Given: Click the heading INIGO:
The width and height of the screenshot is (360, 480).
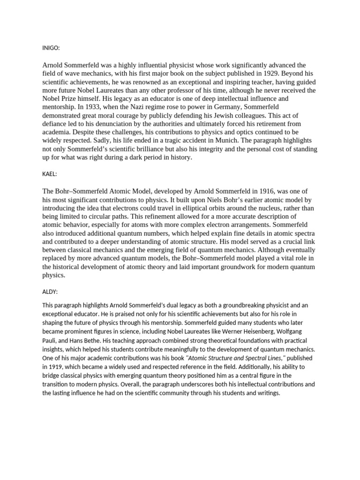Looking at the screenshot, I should tap(51, 47).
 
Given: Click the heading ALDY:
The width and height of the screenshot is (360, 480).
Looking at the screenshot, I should tap(50, 292).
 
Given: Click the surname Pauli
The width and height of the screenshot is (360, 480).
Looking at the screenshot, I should tap(50, 341).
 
